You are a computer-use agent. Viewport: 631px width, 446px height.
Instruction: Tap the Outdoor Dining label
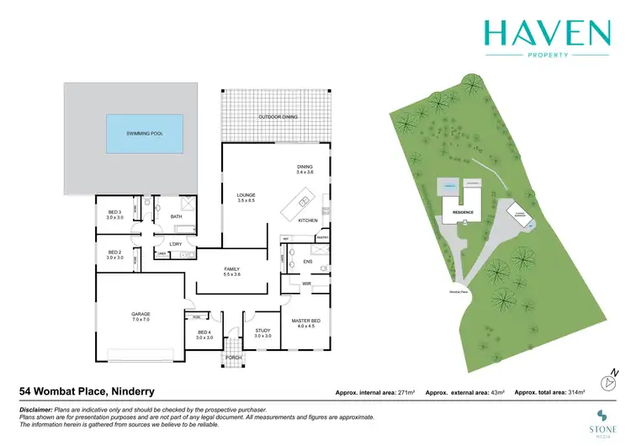(278, 117)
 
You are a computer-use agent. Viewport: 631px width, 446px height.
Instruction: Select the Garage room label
(141, 317)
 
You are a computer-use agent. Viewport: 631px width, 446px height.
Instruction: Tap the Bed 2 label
(114, 255)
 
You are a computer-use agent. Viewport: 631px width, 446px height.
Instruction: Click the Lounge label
(246, 198)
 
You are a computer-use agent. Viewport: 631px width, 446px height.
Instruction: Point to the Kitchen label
(308, 220)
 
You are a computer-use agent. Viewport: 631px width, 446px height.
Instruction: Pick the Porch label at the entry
(233, 358)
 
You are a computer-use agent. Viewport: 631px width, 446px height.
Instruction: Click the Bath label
(176, 216)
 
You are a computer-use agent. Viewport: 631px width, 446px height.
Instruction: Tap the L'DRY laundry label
(176, 244)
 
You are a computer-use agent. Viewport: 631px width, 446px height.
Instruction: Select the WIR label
(308, 284)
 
